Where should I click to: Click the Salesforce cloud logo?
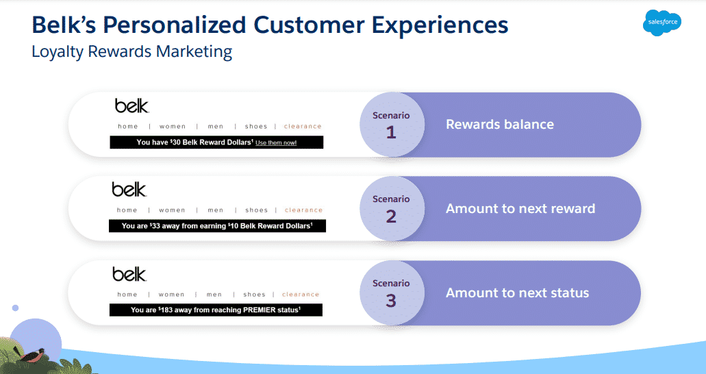(x=662, y=23)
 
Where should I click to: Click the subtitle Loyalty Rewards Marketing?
(x=131, y=52)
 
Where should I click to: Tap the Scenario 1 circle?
(x=391, y=125)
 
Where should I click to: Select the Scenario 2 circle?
(x=391, y=208)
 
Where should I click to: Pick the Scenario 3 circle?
(x=391, y=292)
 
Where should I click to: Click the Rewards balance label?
(x=500, y=125)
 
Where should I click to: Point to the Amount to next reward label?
(x=520, y=208)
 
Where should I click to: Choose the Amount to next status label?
(x=517, y=292)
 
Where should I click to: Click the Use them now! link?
(x=276, y=142)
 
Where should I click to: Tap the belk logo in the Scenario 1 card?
(x=131, y=106)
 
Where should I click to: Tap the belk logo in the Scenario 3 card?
(x=129, y=274)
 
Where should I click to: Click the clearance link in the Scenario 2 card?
(x=303, y=210)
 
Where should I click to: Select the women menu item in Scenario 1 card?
(x=173, y=126)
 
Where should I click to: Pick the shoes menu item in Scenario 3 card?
(x=254, y=295)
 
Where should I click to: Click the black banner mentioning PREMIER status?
(x=216, y=310)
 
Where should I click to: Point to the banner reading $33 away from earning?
(x=217, y=226)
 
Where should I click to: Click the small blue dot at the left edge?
(x=15, y=308)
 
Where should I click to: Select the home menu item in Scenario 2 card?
(x=127, y=210)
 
